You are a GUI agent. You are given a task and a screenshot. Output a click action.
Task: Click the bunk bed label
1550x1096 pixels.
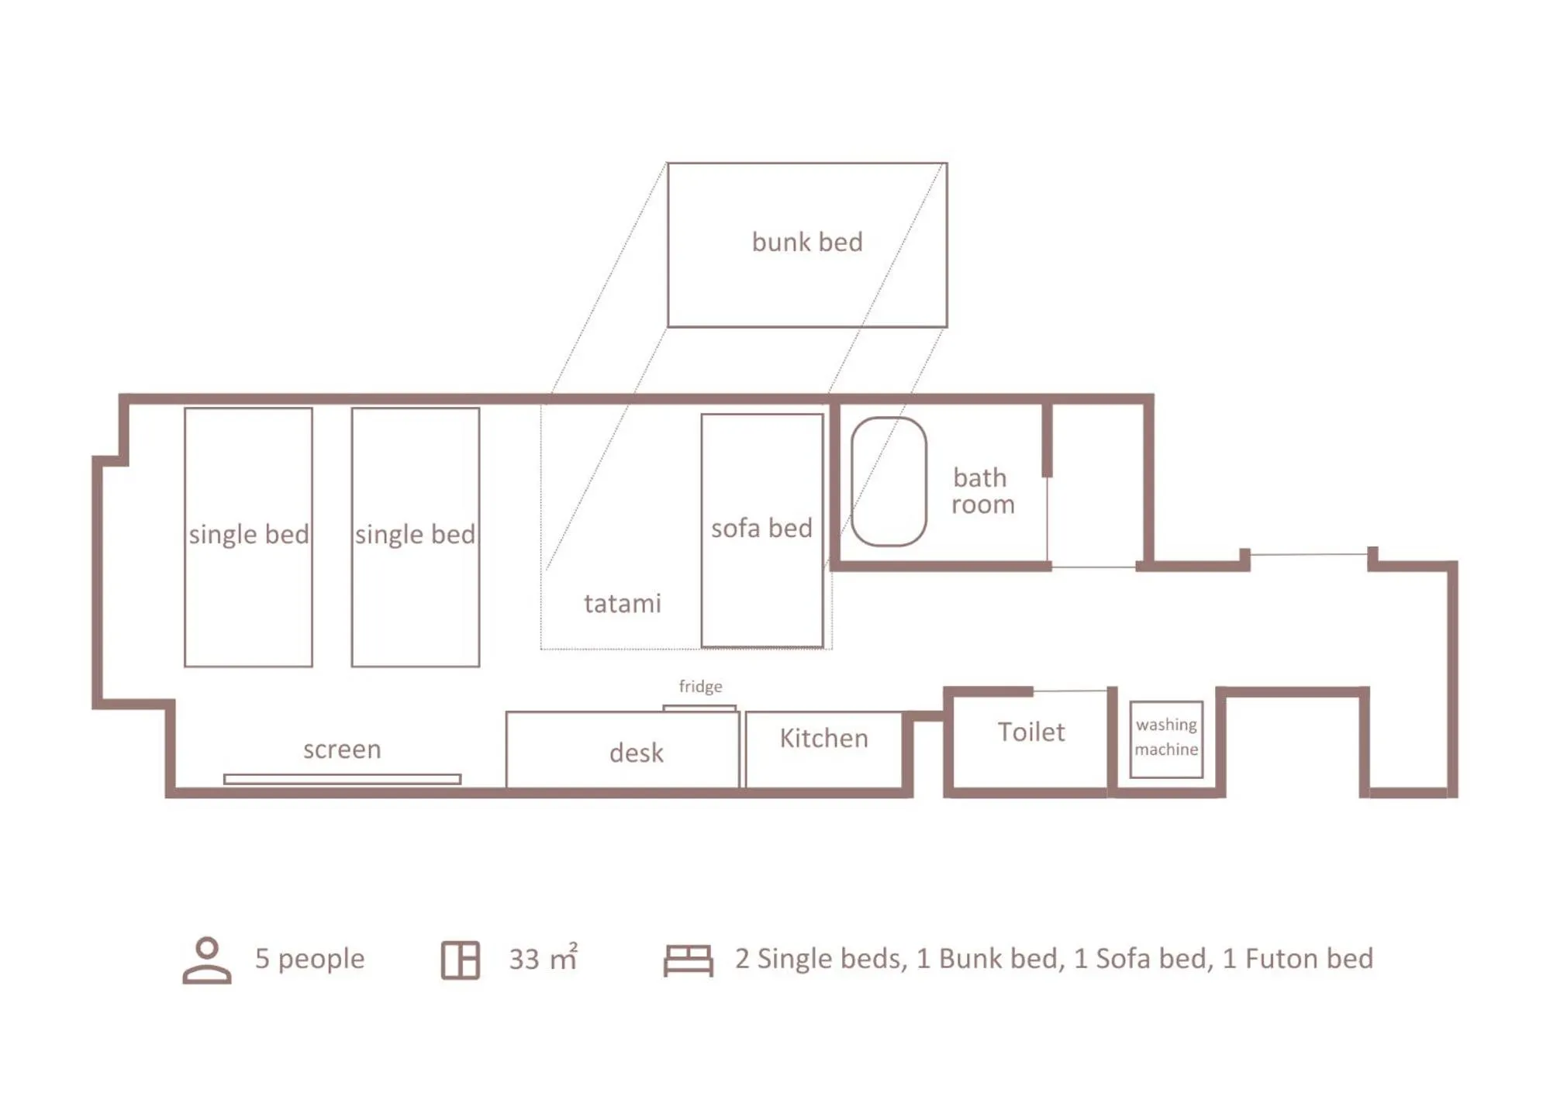(806, 242)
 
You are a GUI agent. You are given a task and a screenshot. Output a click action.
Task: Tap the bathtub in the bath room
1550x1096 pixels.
(889, 481)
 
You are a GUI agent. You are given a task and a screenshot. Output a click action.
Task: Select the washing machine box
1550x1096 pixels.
(1165, 738)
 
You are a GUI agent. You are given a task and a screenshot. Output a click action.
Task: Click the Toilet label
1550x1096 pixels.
(1030, 732)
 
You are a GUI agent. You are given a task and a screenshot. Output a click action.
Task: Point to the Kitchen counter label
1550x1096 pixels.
(823, 738)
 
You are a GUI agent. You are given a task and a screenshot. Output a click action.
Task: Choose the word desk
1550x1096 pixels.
(636, 753)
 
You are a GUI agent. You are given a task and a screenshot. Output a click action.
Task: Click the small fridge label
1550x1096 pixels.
(700, 686)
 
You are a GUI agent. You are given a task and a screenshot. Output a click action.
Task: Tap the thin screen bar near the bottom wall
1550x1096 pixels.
(342, 779)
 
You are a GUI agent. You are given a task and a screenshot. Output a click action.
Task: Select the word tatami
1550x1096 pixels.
(622, 603)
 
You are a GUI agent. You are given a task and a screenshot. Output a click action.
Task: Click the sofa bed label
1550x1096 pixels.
(761, 528)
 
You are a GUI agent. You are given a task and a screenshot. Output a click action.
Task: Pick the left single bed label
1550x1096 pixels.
(248, 534)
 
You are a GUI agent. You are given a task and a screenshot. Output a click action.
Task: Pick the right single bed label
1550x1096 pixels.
(415, 534)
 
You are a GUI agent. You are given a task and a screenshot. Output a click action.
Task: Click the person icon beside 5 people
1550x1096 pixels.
(206, 960)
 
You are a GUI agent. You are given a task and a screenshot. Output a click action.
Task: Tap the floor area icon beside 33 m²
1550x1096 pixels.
(460, 960)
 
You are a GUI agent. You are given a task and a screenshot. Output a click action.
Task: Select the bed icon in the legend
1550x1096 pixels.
(688, 960)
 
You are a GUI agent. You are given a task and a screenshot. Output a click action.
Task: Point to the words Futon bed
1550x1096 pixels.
(1309, 959)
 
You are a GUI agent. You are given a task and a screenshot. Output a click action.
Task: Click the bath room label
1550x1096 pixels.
(982, 491)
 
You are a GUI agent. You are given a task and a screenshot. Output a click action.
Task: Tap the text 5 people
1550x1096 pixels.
(309, 959)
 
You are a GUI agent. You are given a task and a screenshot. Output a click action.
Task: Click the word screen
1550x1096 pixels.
(342, 750)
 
